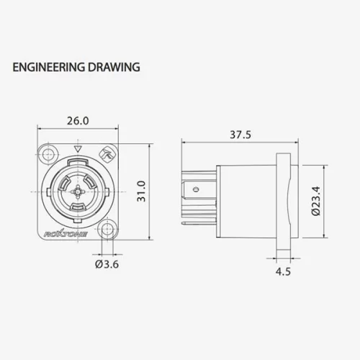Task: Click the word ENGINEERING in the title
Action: pos(48,67)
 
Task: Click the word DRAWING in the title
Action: pos(114,67)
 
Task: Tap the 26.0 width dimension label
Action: pos(78,121)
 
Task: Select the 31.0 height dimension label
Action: pos(141,192)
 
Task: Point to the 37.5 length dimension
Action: pos(240,135)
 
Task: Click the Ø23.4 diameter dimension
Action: pos(316,201)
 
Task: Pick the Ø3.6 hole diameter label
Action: pos(107,264)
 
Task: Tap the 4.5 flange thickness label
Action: pos(283,271)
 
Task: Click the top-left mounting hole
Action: pos(49,153)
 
